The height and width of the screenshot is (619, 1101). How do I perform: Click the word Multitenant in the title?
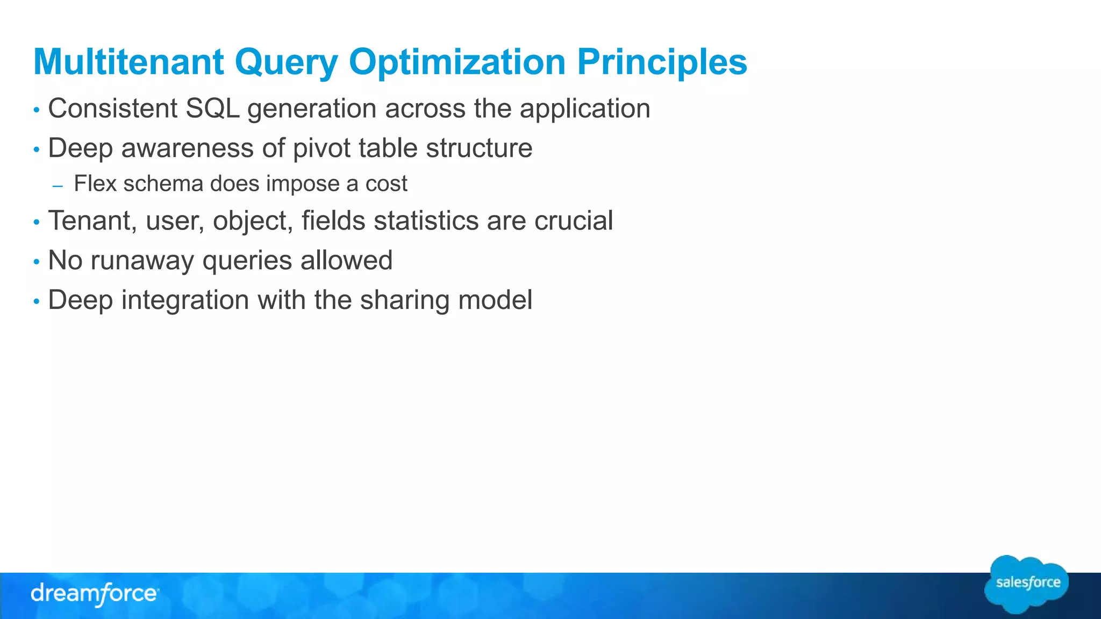pyautogui.click(x=128, y=62)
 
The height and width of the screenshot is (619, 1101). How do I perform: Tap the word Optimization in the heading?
pyautogui.click(x=457, y=62)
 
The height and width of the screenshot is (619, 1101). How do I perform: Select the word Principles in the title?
pyautogui.click(x=662, y=62)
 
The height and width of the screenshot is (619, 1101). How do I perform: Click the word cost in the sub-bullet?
pyautogui.click(x=386, y=184)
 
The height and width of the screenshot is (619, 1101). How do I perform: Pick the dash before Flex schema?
pyautogui.click(x=58, y=186)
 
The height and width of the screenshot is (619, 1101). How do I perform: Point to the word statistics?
pyautogui.click(x=426, y=221)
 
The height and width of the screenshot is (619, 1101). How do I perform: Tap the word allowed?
pyautogui.click(x=346, y=261)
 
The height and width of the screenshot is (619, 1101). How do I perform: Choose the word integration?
pyautogui.click(x=185, y=300)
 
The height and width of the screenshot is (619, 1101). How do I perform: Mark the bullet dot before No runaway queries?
pyautogui.click(x=37, y=262)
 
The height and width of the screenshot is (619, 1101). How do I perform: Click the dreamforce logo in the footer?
pyautogui.click(x=95, y=594)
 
